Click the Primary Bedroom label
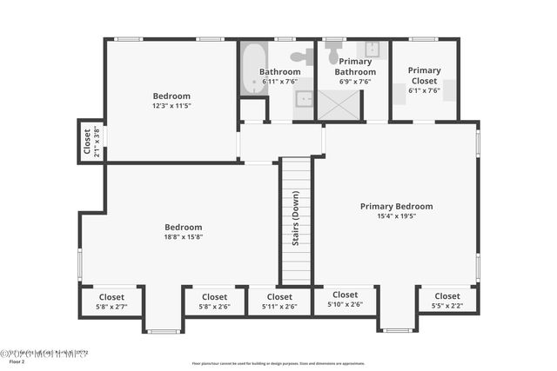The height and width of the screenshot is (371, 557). tap(396, 206)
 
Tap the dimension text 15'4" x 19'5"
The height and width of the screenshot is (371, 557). tap(396, 216)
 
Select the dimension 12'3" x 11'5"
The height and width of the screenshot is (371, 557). tap(171, 106)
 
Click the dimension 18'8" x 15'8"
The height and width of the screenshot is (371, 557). tap(183, 237)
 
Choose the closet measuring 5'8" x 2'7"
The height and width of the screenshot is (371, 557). tap(111, 301)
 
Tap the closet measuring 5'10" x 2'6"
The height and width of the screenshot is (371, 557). tap(345, 300)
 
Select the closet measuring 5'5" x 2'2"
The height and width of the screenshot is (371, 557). tap(447, 301)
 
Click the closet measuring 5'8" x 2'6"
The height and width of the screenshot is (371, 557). tap(214, 301)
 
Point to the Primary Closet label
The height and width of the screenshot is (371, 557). tap(424, 76)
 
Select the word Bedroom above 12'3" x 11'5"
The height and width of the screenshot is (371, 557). tap(171, 96)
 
